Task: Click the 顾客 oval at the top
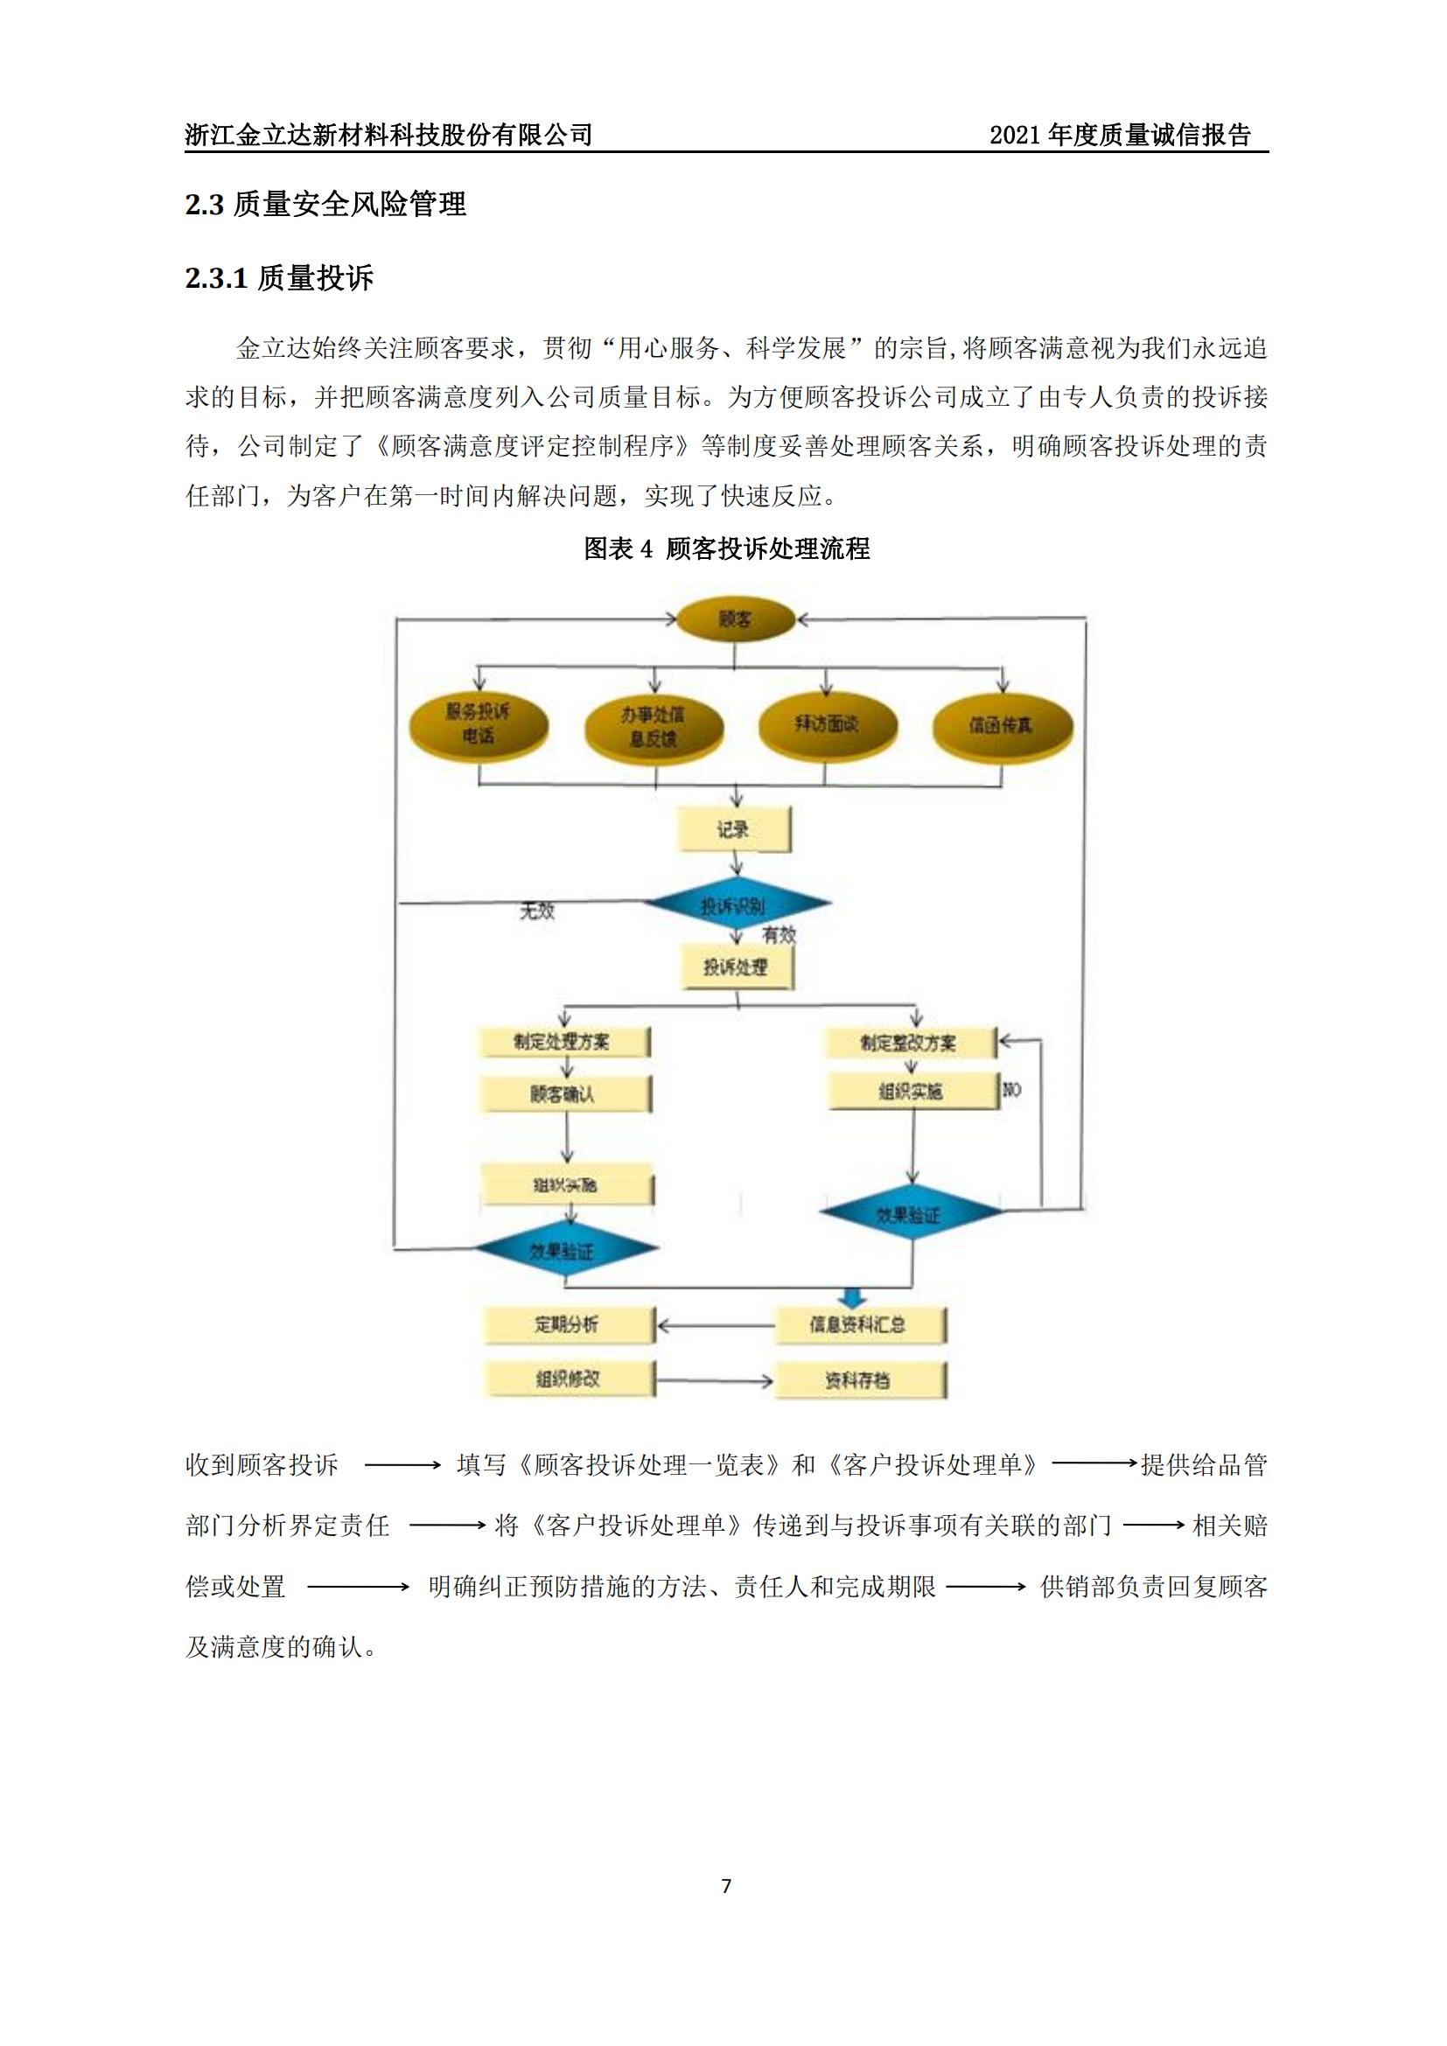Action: click(734, 619)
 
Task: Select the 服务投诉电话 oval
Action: click(479, 723)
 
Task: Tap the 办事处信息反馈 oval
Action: click(654, 726)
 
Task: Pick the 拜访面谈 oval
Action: click(826, 723)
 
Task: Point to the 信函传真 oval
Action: click(1002, 725)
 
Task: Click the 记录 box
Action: click(734, 829)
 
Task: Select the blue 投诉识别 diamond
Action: click(734, 905)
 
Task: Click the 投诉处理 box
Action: click(736, 967)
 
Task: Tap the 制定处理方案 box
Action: click(563, 1042)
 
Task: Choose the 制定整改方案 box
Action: click(909, 1043)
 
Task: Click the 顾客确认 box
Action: click(564, 1094)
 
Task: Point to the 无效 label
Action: click(537, 911)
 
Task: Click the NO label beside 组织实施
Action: click(1012, 1090)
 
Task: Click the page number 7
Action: click(726, 1886)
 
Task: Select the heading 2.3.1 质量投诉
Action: click(279, 279)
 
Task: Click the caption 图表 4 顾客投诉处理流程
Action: click(726, 549)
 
